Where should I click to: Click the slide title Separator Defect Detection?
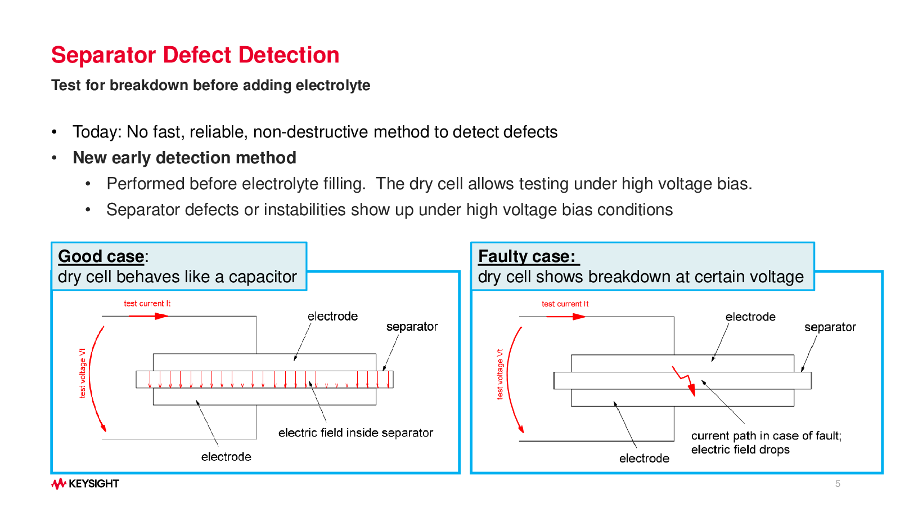[x=195, y=55]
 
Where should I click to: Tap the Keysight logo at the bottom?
[x=85, y=484]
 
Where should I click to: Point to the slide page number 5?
[x=838, y=484]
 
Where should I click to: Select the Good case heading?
[x=101, y=256]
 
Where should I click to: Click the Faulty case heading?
[x=526, y=256]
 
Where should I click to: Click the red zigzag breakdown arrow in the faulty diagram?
[x=686, y=381]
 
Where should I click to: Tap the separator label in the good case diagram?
[x=412, y=327]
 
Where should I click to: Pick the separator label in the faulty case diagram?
[x=830, y=327]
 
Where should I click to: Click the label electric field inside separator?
[x=355, y=433]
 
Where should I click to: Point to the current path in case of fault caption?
[x=766, y=436]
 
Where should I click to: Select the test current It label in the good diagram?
[x=147, y=304]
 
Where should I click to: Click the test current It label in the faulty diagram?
[x=565, y=304]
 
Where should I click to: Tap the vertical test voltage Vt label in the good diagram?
[x=83, y=373]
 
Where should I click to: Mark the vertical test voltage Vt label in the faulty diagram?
[x=500, y=374]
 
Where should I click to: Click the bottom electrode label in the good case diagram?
[x=226, y=457]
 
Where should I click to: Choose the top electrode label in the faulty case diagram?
[x=750, y=317]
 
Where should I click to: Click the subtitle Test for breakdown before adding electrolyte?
[x=210, y=85]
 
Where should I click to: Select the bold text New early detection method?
[x=184, y=158]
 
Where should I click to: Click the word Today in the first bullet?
[x=96, y=132]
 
